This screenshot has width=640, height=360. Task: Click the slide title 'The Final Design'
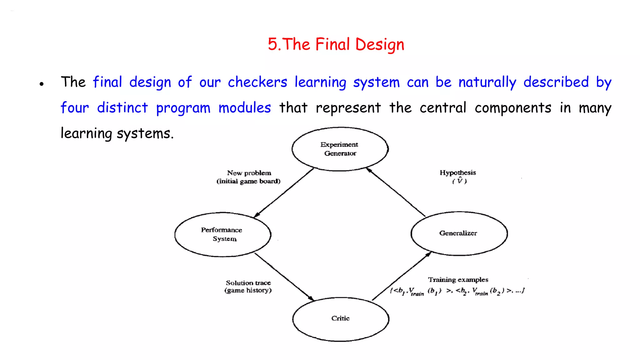pyautogui.click(x=336, y=44)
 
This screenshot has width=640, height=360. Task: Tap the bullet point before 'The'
pyautogui.click(x=42, y=84)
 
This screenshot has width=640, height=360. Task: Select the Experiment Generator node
pyautogui.click(x=340, y=149)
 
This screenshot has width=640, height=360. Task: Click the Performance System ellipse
pyautogui.click(x=222, y=234)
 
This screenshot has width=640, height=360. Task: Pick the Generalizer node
pyautogui.click(x=459, y=233)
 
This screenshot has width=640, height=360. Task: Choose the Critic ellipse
pyautogui.click(x=341, y=319)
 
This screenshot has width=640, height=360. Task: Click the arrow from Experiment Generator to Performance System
pyautogui.click(x=284, y=193)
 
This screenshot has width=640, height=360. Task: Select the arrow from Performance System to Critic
pyautogui.click(x=284, y=277)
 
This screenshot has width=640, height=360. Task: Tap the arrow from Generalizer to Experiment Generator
pyautogui.click(x=396, y=192)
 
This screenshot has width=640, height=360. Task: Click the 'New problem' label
pyautogui.click(x=249, y=173)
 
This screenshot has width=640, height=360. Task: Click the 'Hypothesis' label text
pyautogui.click(x=457, y=172)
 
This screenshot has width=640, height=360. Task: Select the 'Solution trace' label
pyautogui.click(x=248, y=282)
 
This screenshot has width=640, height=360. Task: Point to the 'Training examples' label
pyautogui.click(x=458, y=279)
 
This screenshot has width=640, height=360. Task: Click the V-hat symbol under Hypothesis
pyautogui.click(x=459, y=181)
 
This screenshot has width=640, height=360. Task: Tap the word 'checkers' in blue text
pyautogui.click(x=257, y=82)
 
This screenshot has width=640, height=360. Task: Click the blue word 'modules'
pyautogui.click(x=244, y=108)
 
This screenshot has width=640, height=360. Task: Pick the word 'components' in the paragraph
pyautogui.click(x=513, y=108)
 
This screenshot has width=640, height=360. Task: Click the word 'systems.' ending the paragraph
pyautogui.click(x=145, y=134)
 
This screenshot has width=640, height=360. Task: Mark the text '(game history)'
pyautogui.click(x=248, y=290)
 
